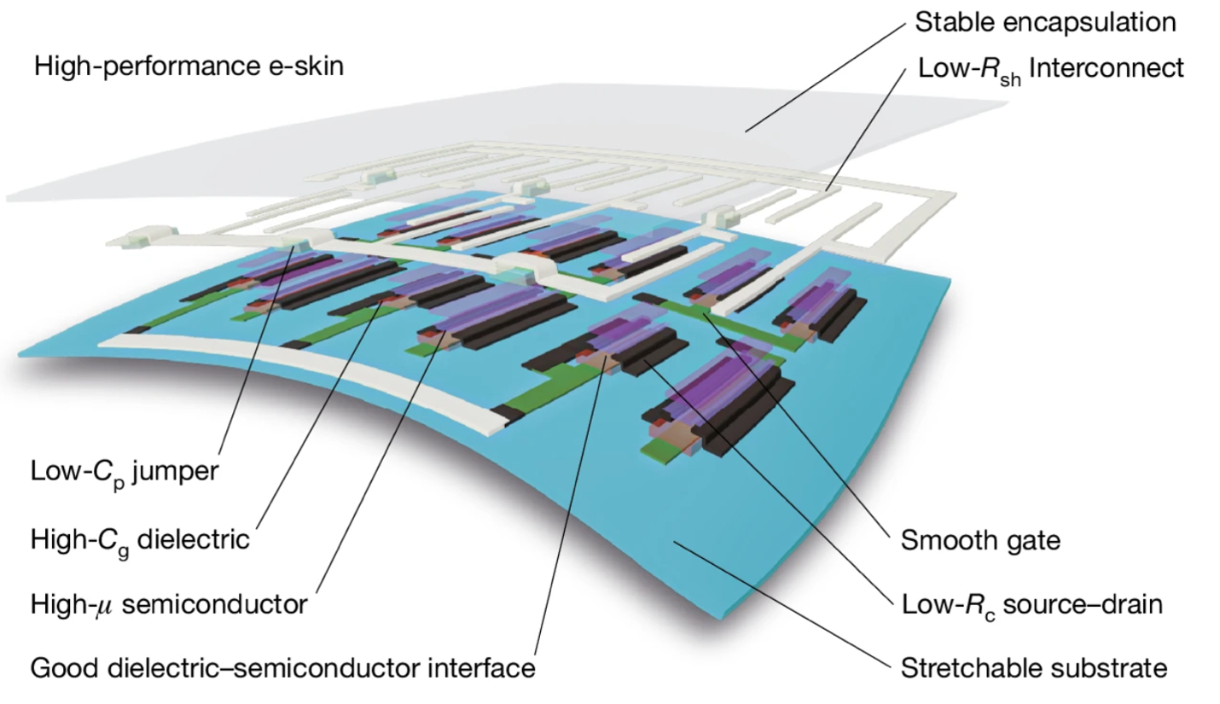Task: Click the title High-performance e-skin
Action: pos(189,66)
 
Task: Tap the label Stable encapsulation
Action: pos(1045,22)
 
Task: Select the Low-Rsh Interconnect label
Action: pos(1051,67)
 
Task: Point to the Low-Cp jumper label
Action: pos(125,471)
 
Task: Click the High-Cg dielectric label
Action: pos(140,539)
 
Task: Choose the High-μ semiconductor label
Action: pos(169,605)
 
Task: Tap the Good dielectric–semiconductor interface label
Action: pos(282,666)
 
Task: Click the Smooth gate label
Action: pos(980,539)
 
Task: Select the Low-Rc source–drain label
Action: pos(1032,605)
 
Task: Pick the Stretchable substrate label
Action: pos(1033,666)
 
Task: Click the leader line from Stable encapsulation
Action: pos(823,77)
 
